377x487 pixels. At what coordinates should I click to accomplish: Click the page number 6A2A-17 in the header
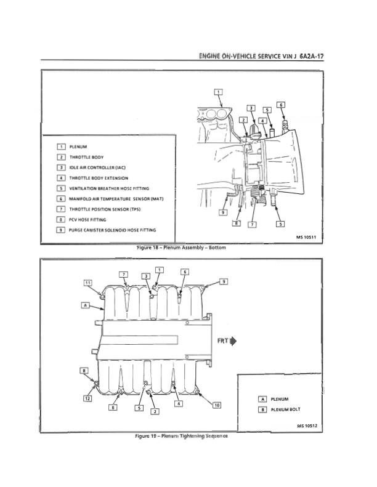click(312, 56)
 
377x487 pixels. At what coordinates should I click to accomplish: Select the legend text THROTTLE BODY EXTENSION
click(99, 178)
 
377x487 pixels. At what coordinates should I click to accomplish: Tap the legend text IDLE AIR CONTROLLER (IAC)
click(97, 167)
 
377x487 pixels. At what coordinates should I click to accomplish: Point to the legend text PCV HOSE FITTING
click(87, 220)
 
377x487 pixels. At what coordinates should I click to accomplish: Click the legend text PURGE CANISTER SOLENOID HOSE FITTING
click(112, 230)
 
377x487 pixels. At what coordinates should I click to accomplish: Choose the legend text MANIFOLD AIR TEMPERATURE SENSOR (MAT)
click(116, 199)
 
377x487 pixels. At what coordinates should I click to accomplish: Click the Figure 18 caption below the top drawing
click(181, 248)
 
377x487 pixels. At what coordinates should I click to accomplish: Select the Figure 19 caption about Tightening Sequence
click(181, 436)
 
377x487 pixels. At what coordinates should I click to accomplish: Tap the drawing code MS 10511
click(306, 237)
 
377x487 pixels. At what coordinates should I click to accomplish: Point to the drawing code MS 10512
click(307, 425)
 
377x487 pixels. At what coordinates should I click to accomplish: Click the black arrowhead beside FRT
click(233, 341)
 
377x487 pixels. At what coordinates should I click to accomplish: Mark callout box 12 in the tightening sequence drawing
click(87, 398)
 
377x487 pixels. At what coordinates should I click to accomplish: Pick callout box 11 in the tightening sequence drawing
click(88, 283)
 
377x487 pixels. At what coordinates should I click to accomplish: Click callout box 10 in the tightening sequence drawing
click(217, 405)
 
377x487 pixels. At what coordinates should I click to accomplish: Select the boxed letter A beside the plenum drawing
click(86, 305)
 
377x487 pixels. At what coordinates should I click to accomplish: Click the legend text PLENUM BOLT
click(286, 409)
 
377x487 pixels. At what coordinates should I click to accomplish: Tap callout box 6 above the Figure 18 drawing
click(281, 105)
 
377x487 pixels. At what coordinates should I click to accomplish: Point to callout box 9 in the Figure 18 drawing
click(223, 212)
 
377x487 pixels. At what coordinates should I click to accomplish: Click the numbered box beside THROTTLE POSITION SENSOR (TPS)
click(60, 209)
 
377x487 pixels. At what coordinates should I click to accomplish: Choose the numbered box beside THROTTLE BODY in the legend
click(61, 157)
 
